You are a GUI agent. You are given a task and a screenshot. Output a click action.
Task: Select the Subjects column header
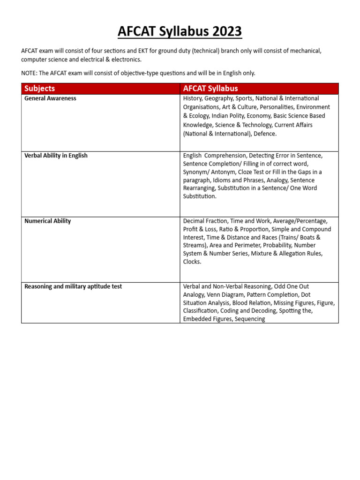39,89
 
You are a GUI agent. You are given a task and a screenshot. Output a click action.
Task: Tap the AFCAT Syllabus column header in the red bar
210,89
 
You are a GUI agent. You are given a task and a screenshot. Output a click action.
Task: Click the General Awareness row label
50,98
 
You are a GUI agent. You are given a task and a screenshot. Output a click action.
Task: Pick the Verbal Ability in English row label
56,156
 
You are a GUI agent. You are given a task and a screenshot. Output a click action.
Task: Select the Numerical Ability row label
47,221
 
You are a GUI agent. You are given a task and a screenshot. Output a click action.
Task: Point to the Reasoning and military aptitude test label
73,286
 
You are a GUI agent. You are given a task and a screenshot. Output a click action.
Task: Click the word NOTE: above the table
30,73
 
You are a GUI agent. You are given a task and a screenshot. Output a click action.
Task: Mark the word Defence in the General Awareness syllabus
266,134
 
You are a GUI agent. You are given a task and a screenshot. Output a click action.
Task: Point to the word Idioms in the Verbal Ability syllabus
237,180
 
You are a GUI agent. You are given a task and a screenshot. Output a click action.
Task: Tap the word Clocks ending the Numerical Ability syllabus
192,262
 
